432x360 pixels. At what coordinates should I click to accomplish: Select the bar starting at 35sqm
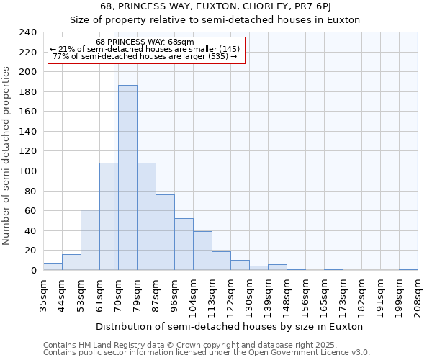click(53, 266)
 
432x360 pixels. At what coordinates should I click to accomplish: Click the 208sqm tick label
click(418, 293)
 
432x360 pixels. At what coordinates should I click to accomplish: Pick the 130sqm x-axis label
click(249, 293)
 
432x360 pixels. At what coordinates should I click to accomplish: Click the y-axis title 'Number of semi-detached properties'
click(7, 156)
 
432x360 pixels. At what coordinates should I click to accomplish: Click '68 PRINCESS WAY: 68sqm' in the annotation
click(145, 42)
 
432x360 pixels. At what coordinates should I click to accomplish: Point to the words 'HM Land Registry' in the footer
click(106, 345)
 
